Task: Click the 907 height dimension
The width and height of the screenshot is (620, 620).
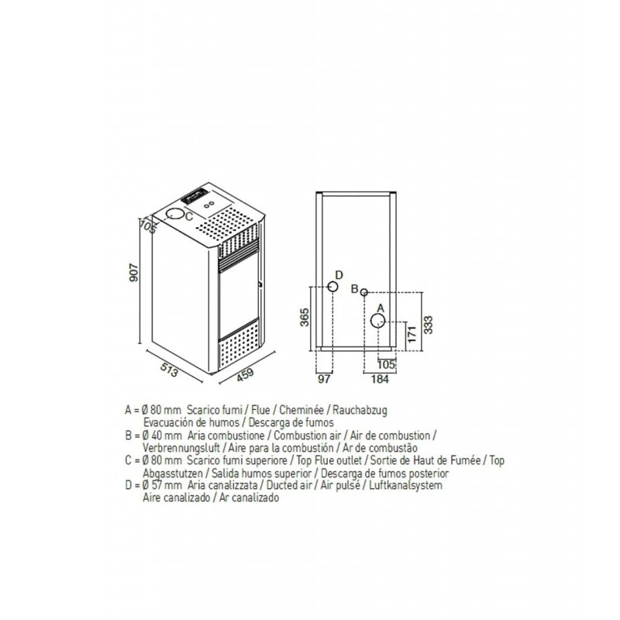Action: pos(134,272)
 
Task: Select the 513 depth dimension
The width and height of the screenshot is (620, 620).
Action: pos(169,370)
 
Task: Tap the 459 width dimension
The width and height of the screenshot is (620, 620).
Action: pos(245,374)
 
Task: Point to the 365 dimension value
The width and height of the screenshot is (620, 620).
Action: pos(305,317)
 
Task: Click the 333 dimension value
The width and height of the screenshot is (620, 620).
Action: pos(429,325)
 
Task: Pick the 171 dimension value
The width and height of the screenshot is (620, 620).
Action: pos(412,335)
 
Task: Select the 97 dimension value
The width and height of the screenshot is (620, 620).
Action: pos(323,379)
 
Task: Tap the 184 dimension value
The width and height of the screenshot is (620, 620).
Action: pos(380,379)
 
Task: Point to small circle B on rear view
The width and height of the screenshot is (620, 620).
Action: pos(364,293)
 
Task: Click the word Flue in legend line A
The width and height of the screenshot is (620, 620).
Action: pos(260,410)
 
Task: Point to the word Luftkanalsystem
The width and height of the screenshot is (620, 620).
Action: pos(405,485)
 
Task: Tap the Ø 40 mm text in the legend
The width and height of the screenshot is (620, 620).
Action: pos(161,436)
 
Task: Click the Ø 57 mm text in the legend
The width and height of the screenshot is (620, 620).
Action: pos(162,485)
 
